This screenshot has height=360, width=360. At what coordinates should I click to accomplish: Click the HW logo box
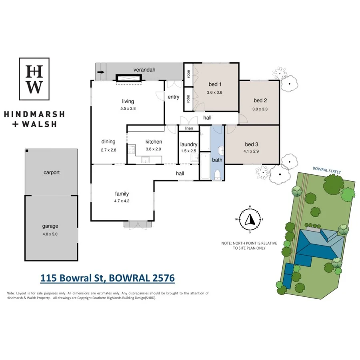point(35,79)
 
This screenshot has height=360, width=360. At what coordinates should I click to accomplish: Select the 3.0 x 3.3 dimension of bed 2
point(260,108)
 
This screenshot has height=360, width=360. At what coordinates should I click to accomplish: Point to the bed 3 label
point(251,145)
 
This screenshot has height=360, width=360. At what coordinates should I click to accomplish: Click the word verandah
point(144,70)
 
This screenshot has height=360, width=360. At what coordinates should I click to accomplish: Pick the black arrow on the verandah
point(101,72)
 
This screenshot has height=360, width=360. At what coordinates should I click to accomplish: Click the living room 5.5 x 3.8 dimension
point(128,108)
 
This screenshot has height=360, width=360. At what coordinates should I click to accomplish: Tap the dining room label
point(108,141)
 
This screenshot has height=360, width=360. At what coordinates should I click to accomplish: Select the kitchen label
point(154,142)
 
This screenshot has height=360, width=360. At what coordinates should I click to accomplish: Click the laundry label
point(188,144)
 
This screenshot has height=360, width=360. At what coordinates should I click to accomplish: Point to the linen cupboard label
point(188,128)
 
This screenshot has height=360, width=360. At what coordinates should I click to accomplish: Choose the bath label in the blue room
point(217,160)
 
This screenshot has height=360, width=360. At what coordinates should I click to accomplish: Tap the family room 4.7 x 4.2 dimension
point(122,201)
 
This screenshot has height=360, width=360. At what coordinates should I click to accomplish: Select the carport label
point(52,173)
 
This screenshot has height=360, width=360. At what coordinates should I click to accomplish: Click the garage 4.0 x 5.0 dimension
point(50,234)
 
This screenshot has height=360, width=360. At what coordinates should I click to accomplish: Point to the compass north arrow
point(250,219)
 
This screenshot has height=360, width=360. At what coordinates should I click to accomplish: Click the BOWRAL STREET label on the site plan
point(327,171)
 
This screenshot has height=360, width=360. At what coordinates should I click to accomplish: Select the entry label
point(173,97)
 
